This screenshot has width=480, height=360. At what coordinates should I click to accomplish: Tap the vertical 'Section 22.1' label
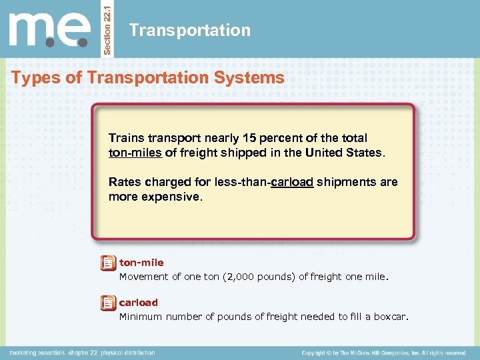point(109,29)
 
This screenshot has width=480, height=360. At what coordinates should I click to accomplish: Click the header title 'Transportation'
point(190,30)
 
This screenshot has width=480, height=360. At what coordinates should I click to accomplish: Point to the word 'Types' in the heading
point(35,78)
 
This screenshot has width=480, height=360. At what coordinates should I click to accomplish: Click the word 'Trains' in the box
point(127,138)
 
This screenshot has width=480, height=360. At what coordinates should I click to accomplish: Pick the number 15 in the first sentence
point(249,138)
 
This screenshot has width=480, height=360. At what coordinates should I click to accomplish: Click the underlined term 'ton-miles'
point(135,153)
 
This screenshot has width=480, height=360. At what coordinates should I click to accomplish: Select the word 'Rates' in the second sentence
point(125,182)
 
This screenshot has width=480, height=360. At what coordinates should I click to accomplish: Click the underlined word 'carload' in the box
point(292,182)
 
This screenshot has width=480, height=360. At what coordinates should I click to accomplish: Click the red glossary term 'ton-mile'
point(141,263)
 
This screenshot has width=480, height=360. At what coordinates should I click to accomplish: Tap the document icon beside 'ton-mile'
point(107,264)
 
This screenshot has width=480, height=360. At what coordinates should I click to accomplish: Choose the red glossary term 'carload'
point(139,303)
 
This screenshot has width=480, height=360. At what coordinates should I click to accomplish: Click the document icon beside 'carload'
point(107,304)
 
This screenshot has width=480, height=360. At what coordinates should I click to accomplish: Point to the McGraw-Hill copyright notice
point(383,353)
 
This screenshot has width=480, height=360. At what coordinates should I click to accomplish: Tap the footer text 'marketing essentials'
point(37,353)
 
